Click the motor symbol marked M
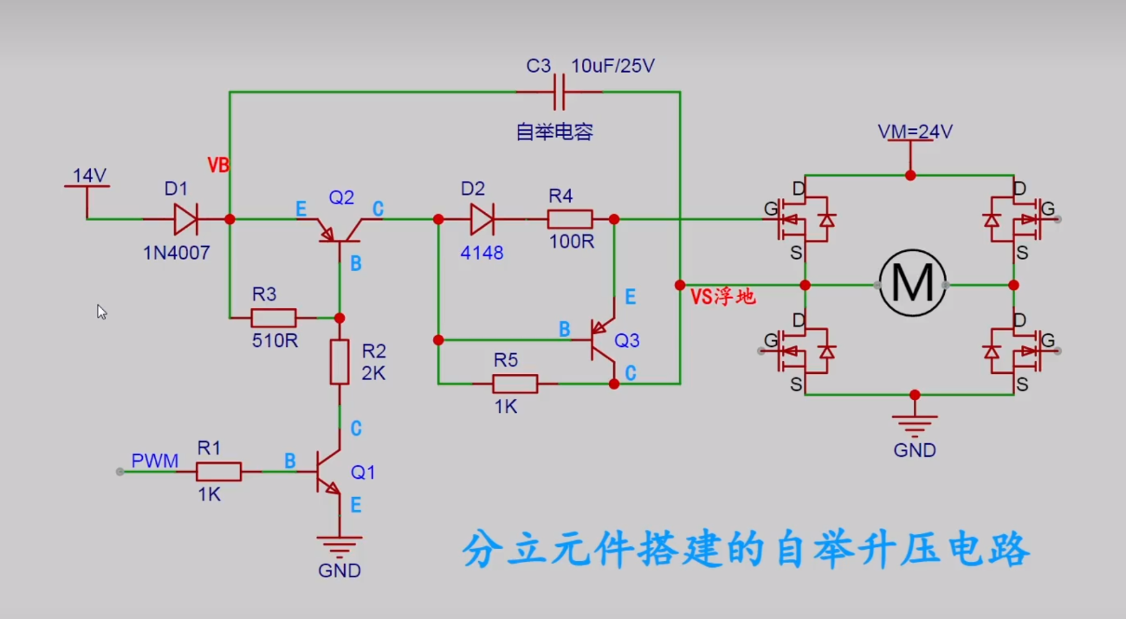(x=912, y=284)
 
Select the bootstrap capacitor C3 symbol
(x=559, y=91)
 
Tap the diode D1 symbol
(x=185, y=219)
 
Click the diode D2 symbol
(x=481, y=219)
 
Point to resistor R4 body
(x=570, y=219)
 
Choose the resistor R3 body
(x=274, y=318)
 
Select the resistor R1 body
(x=218, y=471)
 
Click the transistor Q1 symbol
(x=327, y=472)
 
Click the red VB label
(x=218, y=165)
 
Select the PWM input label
(x=155, y=461)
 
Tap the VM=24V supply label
(x=916, y=132)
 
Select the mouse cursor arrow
(x=101, y=312)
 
